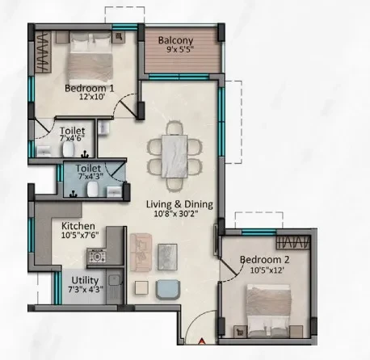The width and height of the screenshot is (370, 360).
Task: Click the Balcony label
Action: pos(175,40)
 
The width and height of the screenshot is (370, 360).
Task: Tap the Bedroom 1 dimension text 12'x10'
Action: pos(92,97)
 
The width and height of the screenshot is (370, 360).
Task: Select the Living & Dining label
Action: pos(179,204)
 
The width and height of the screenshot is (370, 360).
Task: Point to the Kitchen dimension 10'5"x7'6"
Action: pos(80,235)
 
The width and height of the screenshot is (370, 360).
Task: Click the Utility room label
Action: pos(85,280)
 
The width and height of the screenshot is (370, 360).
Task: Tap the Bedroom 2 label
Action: pos(264,260)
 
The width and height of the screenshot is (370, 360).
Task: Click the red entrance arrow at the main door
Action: pos(202,341)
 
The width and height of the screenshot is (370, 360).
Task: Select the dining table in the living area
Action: pos(174,157)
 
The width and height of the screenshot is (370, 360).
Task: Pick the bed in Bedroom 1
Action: pos(90,57)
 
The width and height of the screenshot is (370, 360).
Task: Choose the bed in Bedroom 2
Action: pos(269,311)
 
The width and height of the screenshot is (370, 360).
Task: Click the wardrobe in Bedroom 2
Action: pos(293,242)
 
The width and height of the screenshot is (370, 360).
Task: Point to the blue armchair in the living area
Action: pos(168,290)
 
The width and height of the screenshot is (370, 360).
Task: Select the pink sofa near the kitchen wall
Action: pos(141,253)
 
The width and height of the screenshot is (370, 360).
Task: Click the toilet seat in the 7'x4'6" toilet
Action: pos(69,149)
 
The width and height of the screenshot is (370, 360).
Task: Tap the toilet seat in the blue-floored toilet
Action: pos(92,189)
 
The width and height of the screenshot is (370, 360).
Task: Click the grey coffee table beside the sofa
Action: pos(167,257)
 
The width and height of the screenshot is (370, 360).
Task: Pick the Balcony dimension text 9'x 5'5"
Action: pos(180,49)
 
